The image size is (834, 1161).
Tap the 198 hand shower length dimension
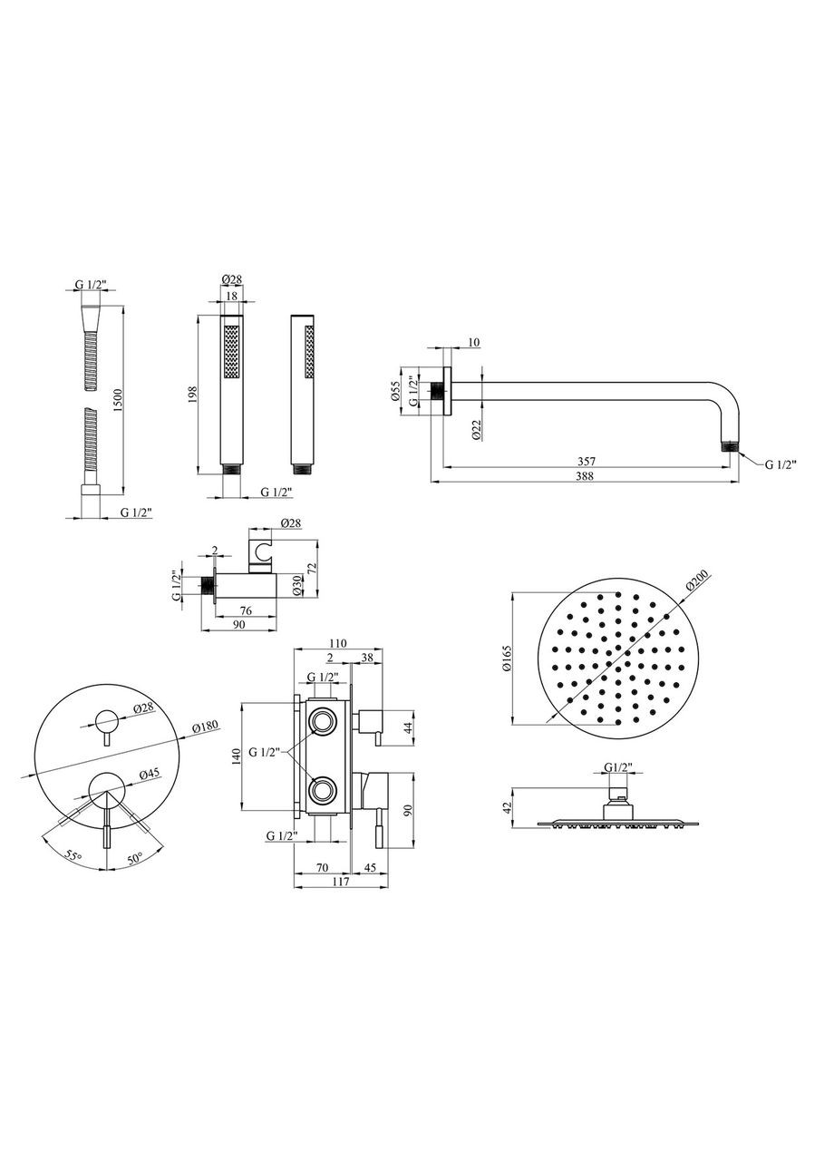click(x=193, y=395)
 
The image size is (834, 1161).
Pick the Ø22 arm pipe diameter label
click(x=477, y=429)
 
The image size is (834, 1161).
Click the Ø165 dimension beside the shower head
click(x=506, y=659)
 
